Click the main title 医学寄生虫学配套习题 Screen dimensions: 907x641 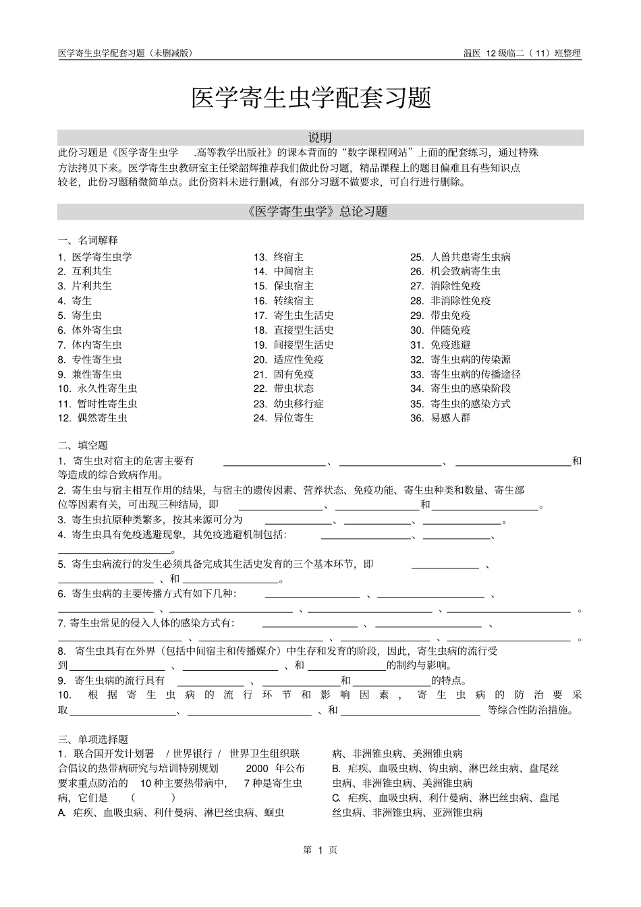click(x=311, y=98)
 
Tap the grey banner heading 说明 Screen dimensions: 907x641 click(x=320, y=138)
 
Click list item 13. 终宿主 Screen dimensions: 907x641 click(x=279, y=257)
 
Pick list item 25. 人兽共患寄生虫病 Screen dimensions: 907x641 click(x=460, y=257)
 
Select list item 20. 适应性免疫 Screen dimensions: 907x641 click(x=289, y=359)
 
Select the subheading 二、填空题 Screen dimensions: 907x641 click(x=82, y=445)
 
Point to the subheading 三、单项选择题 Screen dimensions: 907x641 click(x=92, y=739)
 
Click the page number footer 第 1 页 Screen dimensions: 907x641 click(x=320, y=850)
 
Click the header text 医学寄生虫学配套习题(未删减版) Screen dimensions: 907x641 click(x=126, y=53)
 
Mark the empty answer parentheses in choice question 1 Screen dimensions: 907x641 click(x=153, y=798)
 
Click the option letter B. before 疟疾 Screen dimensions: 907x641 click(x=336, y=769)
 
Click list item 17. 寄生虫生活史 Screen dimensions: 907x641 click(x=294, y=316)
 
